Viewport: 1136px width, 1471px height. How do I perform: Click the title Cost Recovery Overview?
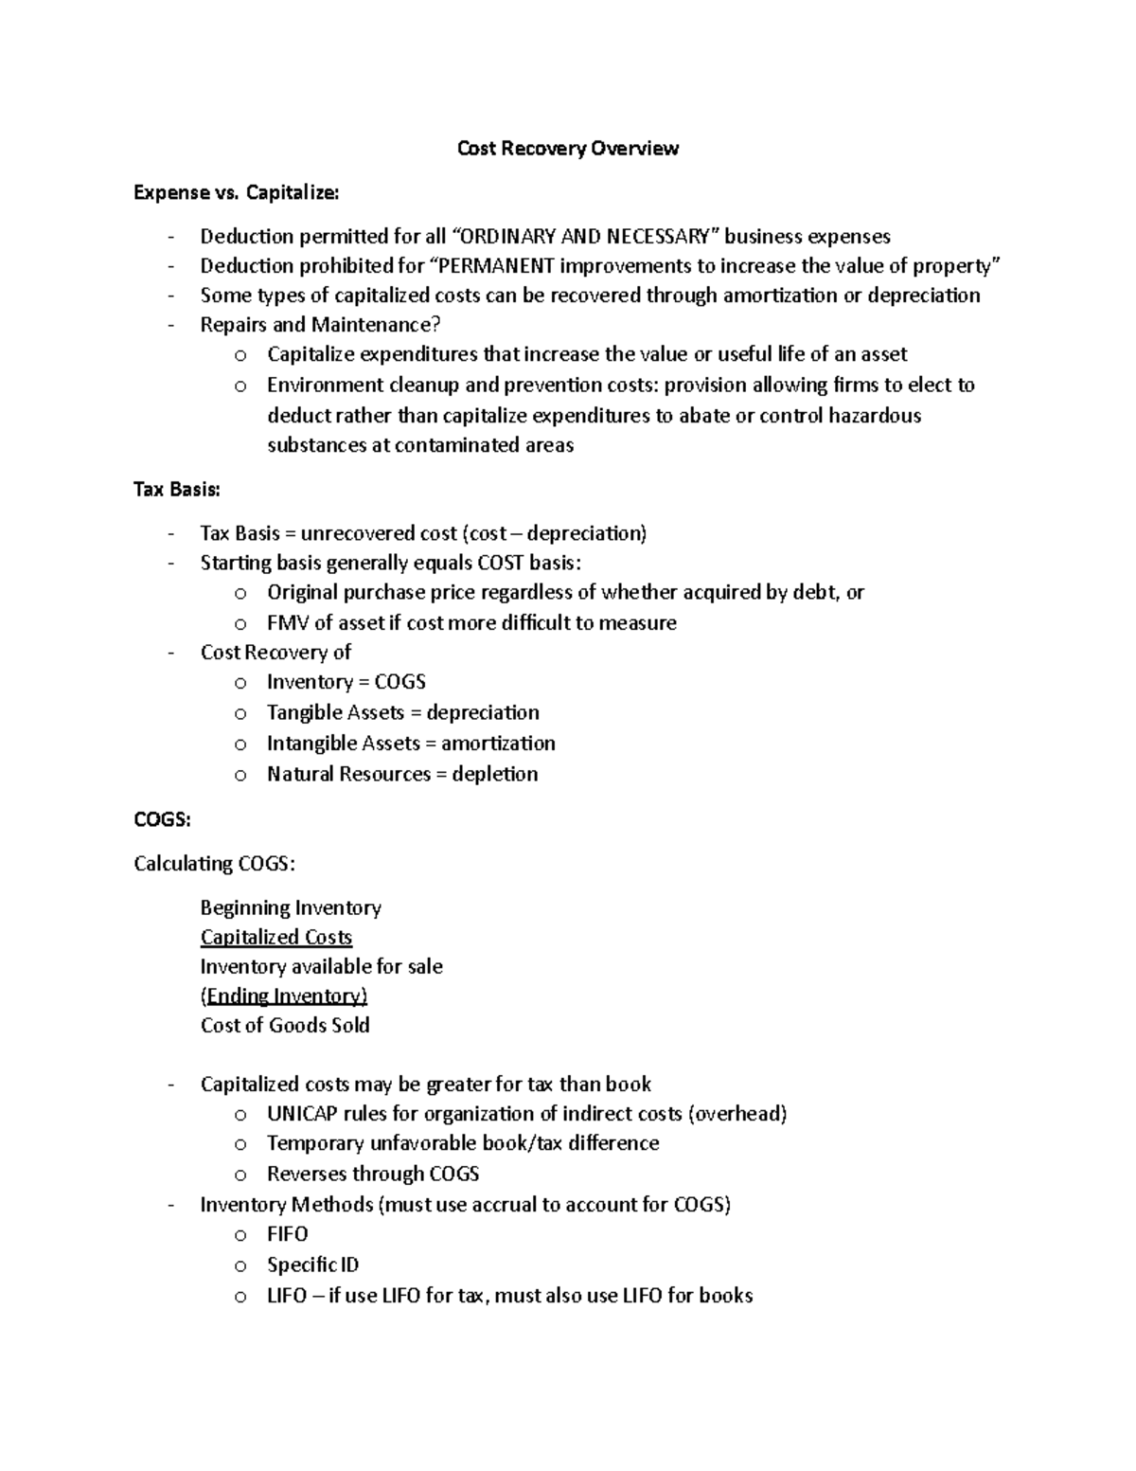point(567,149)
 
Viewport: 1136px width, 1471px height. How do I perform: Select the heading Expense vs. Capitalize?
point(235,193)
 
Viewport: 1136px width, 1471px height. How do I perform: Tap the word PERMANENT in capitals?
point(496,266)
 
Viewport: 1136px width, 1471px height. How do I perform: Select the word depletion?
point(495,774)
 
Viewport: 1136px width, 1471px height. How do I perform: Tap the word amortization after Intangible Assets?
point(498,744)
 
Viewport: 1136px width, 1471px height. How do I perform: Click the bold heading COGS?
point(162,820)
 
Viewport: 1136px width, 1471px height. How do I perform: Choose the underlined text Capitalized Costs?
point(275,938)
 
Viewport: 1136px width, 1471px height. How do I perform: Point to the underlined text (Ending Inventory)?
point(283,996)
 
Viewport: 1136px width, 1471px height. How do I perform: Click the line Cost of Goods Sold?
point(285,1026)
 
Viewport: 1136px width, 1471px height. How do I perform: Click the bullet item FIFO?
point(287,1234)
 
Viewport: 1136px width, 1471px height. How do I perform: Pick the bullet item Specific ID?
point(312,1265)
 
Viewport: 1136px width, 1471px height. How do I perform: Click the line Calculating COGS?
point(214,864)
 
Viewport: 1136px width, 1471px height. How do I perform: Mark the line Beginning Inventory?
point(291,908)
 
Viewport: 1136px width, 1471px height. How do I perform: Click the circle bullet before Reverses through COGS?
point(240,1175)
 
